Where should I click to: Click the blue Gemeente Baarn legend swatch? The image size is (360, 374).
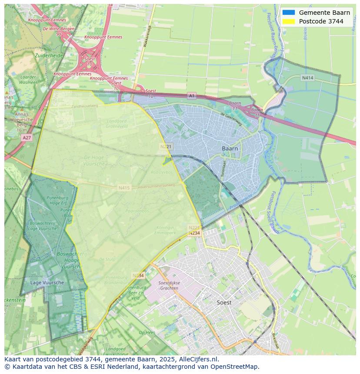coord(288,13)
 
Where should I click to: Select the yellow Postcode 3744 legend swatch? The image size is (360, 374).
coord(288,21)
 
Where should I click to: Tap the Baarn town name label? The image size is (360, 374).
coord(230,149)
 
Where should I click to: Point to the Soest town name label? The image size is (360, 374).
coord(224,302)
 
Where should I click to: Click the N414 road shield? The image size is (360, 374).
coord(307,78)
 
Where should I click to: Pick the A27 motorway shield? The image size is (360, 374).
coord(26,137)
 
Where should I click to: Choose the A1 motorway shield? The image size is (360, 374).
coord(192,95)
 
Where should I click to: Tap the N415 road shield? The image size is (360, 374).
coord(124,188)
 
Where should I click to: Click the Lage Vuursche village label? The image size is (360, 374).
coord(47,283)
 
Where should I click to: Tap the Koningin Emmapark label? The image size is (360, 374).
coord(165,230)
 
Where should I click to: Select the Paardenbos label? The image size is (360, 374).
coord(137,211)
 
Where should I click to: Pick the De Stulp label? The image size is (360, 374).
coord(107,259)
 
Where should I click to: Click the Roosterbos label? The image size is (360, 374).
coord(162,172)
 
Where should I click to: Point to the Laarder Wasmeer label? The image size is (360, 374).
coord(28,79)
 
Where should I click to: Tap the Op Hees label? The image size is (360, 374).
coord(147,332)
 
